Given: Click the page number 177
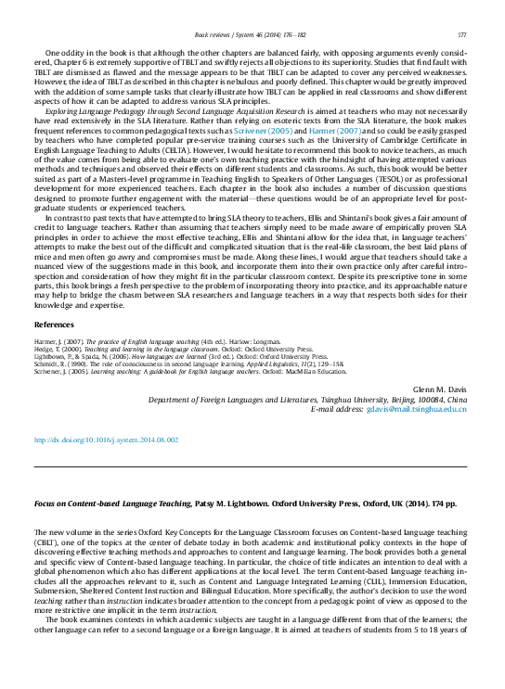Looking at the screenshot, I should click(x=461, y=34).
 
